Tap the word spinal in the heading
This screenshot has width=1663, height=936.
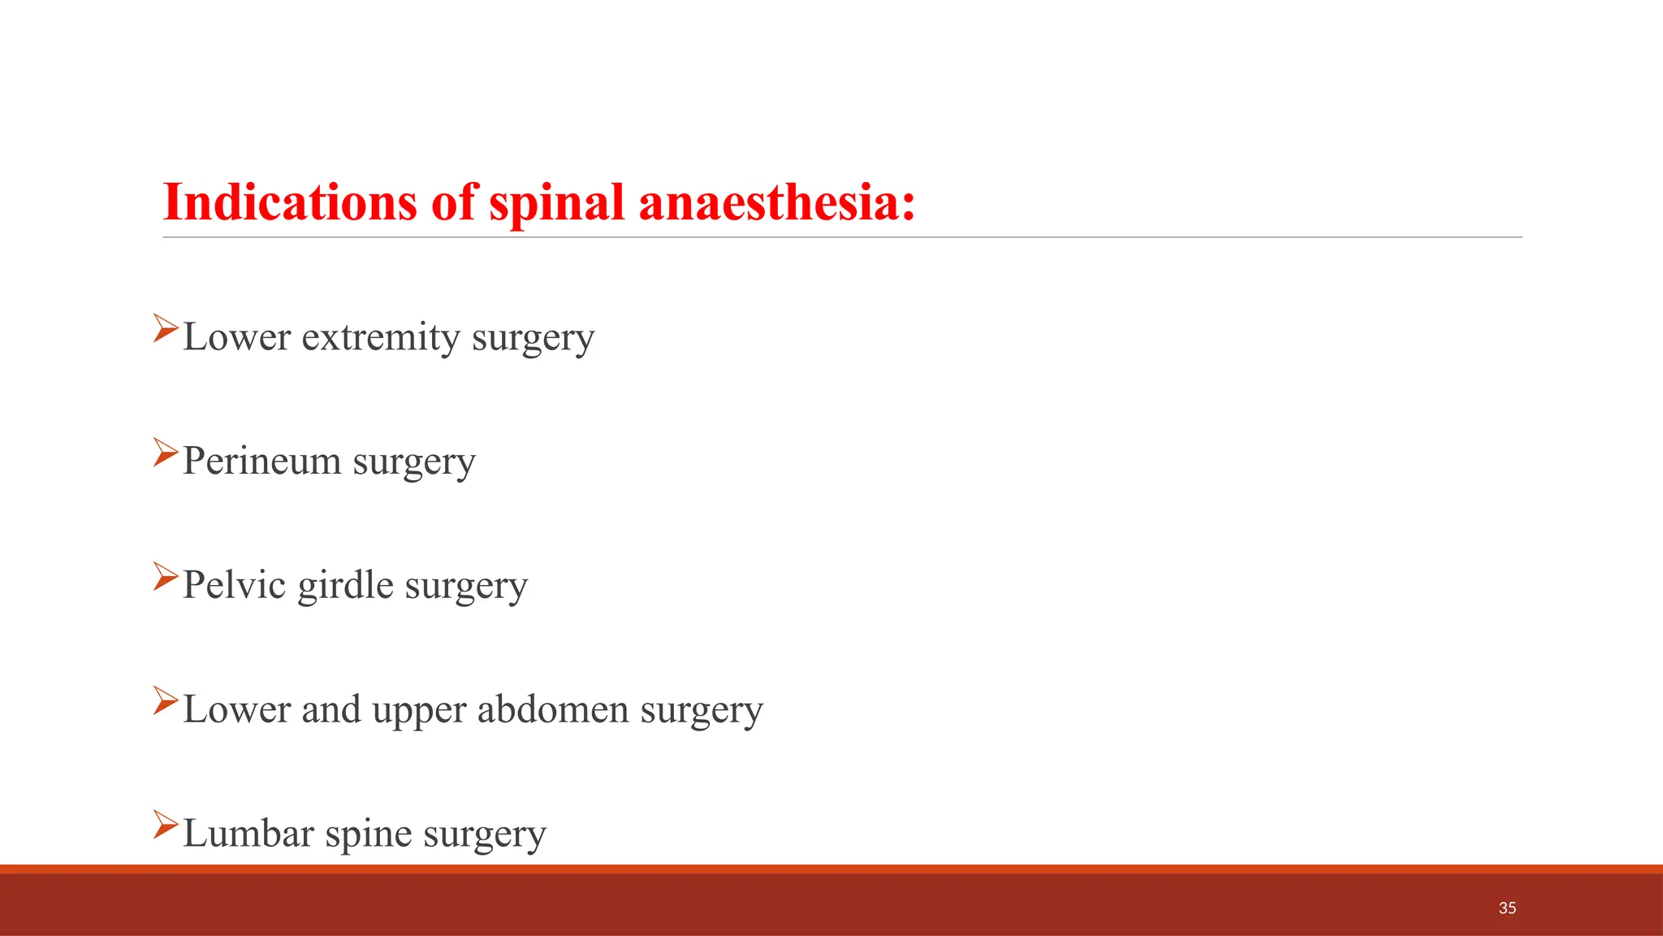[x=556, y=203]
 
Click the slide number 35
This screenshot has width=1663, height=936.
[x=1507, y=908]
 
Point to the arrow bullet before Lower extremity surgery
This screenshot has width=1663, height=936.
[x=165, y=328]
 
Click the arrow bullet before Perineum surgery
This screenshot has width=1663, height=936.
[x=165, y=453]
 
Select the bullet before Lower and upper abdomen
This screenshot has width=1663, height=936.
[x=165, y=700]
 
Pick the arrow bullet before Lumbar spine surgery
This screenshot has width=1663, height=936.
[x=165, y=825]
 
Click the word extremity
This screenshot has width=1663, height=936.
[x=380, y=338]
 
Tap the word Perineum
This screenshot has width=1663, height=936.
[x=261, y=461]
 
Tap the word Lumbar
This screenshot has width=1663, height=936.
[x=248, y=834]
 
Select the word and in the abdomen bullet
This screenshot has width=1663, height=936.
[x=331, y=709]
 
